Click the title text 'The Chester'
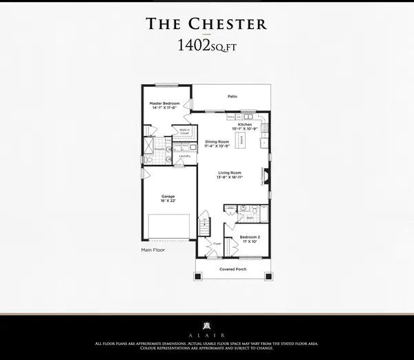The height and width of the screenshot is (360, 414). (207, 23)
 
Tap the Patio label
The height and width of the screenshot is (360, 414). (232, 97)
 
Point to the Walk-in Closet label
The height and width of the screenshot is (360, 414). (184, 131)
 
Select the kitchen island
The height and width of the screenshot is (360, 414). (241, 140)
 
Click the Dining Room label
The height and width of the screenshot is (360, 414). (217, 141)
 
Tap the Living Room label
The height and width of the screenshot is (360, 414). (229, 172)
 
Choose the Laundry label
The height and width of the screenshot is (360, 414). (184, 156)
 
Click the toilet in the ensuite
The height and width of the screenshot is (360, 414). (148, 159)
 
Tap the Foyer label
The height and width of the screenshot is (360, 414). (217, 243)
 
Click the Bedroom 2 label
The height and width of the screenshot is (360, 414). (250, 237)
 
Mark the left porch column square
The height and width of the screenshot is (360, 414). (199, 277)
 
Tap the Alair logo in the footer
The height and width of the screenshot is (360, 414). (207, 326)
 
